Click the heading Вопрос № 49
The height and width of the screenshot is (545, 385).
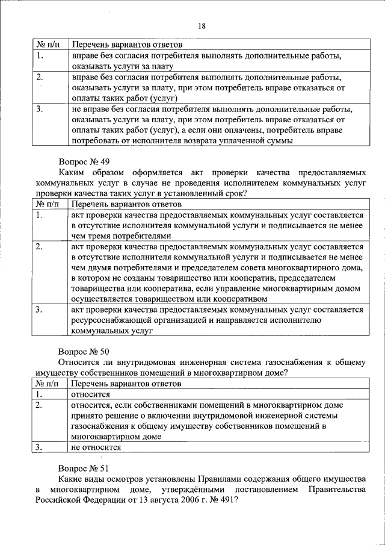[x=84, y=162]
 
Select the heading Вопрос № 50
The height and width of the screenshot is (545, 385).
[x=84, y=350]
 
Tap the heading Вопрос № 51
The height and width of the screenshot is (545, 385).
[x=84, y=467]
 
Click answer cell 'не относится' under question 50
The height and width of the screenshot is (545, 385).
[x=96, y=447]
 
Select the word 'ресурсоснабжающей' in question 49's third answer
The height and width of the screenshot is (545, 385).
[x=111, y=320]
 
